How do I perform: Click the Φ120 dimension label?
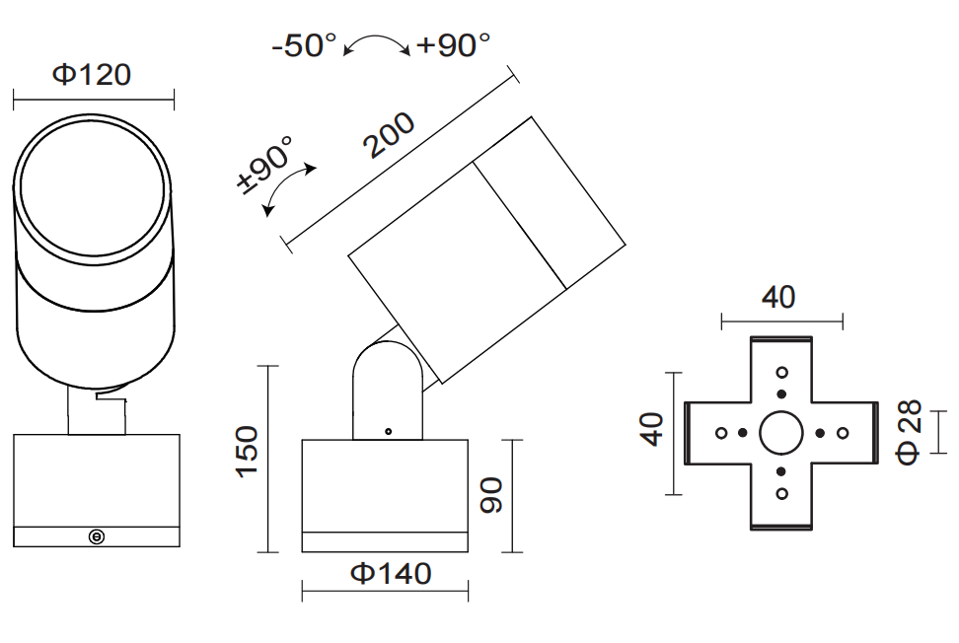(92, 75)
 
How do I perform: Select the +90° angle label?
(453, 45)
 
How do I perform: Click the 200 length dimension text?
(388, 136)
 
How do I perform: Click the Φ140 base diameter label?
(391, 573)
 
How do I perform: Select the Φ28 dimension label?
(909, 431)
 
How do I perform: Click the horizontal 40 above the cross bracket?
(778, 297)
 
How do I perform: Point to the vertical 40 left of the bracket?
(652, 430)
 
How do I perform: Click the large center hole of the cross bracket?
(781, 432)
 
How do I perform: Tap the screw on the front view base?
(97, 536)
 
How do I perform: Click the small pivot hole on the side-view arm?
(389, 431)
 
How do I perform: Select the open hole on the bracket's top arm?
(782, 373)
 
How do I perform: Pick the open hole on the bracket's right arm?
(842, 432)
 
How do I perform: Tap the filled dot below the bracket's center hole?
(781, 471)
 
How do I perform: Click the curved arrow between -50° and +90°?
(376, 44)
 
